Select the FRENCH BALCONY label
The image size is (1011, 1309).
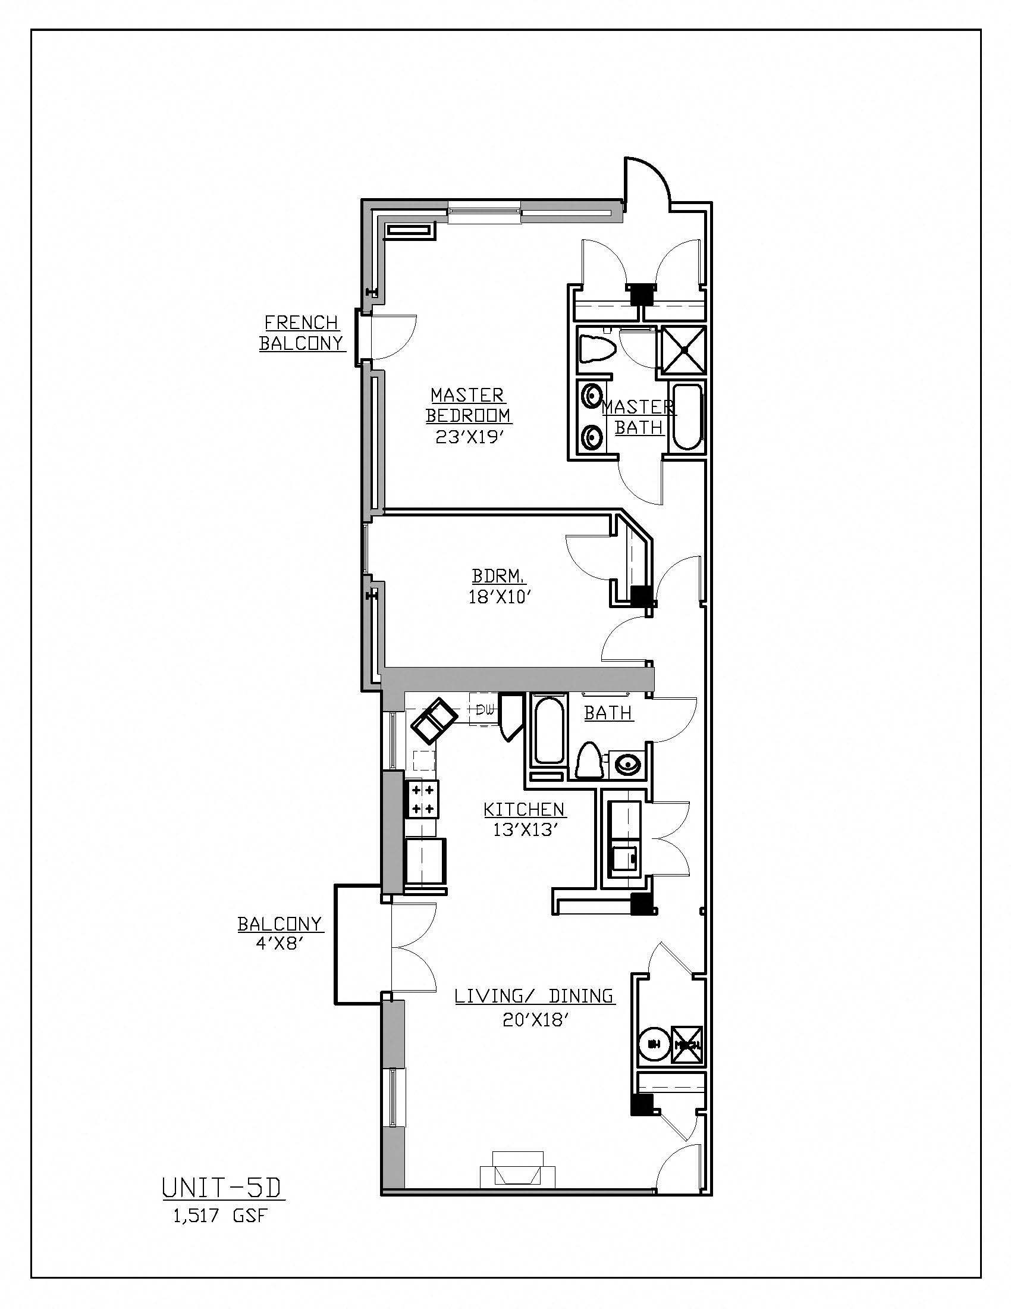[x=302, y=333]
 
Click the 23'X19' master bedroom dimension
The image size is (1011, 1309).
[x=467, y=436]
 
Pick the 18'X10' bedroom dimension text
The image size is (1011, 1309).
[x=500, y=597]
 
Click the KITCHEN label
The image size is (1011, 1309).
[x=524, y=810]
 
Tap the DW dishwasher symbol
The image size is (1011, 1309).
[x=485, y=710]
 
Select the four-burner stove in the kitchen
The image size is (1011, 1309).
[x=422, y=799]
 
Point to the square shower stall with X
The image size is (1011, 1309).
[x=682, y=350]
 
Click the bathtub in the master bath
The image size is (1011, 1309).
[x=687, y=416]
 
